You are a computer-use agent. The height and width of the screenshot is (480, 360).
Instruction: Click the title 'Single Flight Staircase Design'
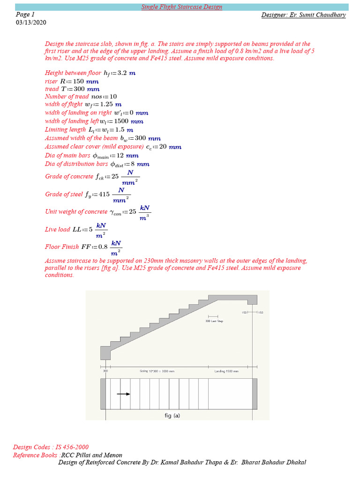click(x=182, y=7)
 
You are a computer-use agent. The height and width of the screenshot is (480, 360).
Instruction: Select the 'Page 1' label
click(x=25, y=15)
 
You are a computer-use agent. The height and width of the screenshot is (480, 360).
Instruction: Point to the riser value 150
click(x=78, y=81)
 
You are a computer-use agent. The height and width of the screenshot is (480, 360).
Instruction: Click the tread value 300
click(x=79, y=89)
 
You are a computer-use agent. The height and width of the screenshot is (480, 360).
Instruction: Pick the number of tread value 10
click(x=113, y=97)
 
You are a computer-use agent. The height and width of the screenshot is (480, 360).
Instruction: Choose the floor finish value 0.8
click(x=102, y=247)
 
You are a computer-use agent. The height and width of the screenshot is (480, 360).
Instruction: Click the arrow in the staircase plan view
click(x=123, y=394)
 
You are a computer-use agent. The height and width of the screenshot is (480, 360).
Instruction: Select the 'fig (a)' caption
click(x=172, y=415)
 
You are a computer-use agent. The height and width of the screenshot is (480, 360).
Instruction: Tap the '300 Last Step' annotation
click(x=214, y=321)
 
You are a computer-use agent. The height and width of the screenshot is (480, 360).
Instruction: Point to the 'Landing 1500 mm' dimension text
click(x=226, y=371)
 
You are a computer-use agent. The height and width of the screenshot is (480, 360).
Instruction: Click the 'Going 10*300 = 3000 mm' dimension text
click(x=157, y=371)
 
